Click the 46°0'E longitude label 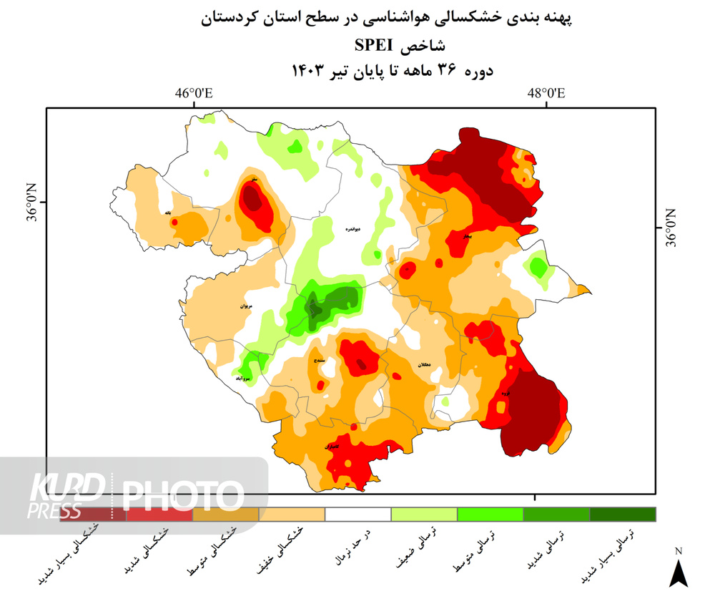pyautogui.click(x=195, y=94)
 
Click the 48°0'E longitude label pyautogui.click(x=546, y=94)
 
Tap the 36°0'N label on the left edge pyautogui.click(x=32, y=204)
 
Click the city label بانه pyautogui.click(x=168, y=213)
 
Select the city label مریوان pyautogui.click(x=247, y=306)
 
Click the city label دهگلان pyautogui.click(x=423, y=365)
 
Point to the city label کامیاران pyautogui.click(x=331, y=447)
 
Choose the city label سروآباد pyautogui.click(x=242, y=378)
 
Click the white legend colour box pyautogui.click(x=357, y=515)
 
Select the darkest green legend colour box pyautogui.click(x=622, y=515)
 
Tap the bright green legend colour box pyautogui.click(x=490, y=515)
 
